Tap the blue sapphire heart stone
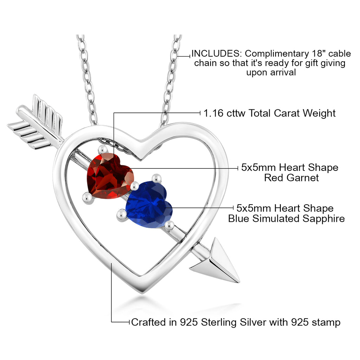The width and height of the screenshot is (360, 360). click(x=148, y=206)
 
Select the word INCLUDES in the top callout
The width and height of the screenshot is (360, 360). click(x=214, y=54)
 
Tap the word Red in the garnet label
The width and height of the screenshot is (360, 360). click(x=274, y=178)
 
